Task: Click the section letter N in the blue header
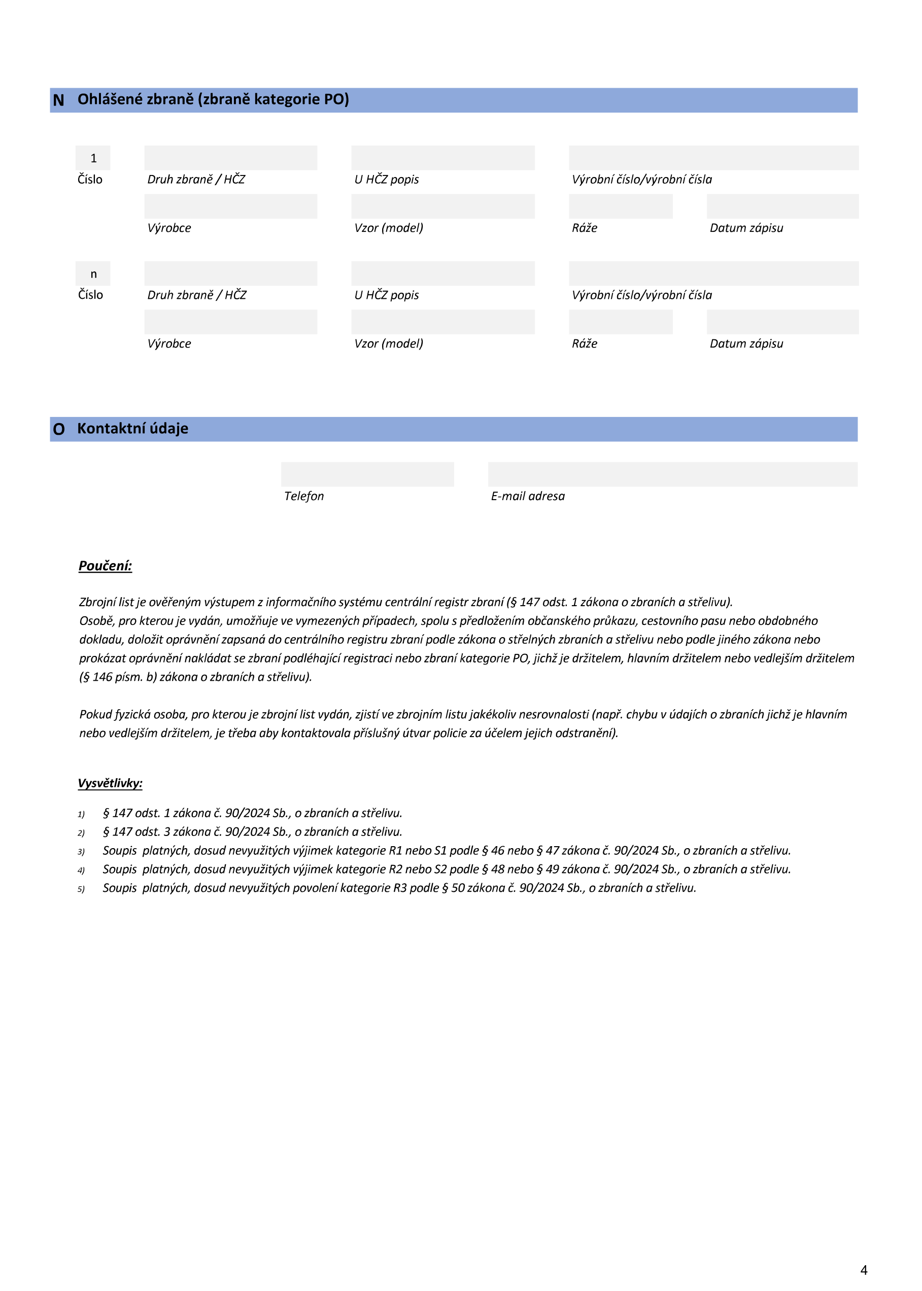point(58,100)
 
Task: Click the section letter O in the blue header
point(59,430)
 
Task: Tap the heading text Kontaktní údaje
point(133,429)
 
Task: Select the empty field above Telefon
point(367,474)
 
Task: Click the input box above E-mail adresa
point(672,474)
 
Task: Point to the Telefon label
point(304,496)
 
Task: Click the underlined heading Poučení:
point(105,566)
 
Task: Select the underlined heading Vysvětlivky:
point(110,783)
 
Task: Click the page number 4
point(864,1270)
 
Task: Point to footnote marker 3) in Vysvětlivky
point(81,852)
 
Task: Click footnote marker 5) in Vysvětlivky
point(81,889)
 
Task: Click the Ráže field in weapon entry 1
point(621,206)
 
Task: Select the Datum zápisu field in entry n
point(782,322)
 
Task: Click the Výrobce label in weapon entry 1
point(169,228)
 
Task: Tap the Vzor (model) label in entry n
point(388,343)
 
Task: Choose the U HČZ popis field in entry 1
point(443,158)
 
